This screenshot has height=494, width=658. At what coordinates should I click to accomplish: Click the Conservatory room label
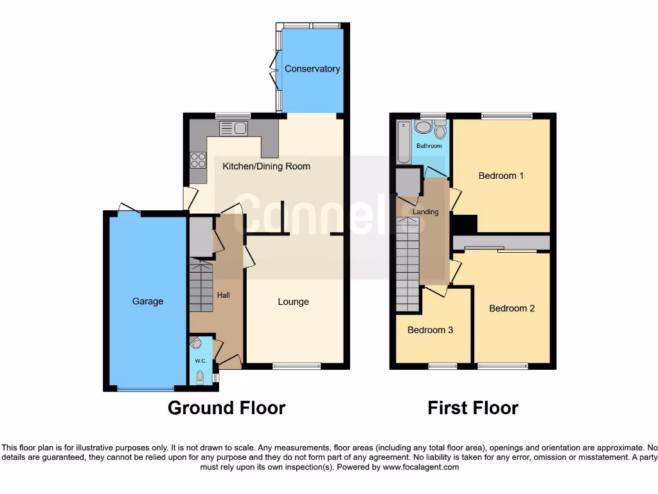coord(312,69)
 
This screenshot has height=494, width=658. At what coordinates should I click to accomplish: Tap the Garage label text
coord(148,301)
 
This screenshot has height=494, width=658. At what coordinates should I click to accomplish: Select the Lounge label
coord(293,302)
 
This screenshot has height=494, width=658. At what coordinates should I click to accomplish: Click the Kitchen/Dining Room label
coord(266,166)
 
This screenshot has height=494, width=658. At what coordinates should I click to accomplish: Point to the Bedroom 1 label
coord(501,176)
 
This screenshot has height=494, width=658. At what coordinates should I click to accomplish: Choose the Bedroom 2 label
coord(511,308)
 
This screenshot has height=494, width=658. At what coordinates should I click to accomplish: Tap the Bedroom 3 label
coord(430,330)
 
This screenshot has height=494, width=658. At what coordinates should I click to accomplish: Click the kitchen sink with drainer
coord(233,128)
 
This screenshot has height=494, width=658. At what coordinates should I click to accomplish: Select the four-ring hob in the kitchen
coord(198,160)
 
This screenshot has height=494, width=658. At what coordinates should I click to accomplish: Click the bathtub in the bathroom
coord(403,142)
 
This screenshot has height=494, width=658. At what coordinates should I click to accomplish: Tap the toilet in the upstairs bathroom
coord(440,132)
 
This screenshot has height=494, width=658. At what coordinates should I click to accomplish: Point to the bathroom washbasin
coord(424,127)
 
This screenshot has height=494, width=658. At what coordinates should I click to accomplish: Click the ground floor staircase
coord(201,283)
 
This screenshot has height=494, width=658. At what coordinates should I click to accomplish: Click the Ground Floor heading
coord(226,408)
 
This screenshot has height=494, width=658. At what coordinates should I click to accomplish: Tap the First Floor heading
coord(473,408)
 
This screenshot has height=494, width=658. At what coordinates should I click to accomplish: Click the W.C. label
coord(200,361)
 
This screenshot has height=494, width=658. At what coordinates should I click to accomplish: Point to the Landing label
coord(425,212)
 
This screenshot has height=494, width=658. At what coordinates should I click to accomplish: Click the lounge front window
coord(297,366)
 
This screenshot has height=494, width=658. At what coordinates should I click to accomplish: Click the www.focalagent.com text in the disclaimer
coord(420,467)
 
